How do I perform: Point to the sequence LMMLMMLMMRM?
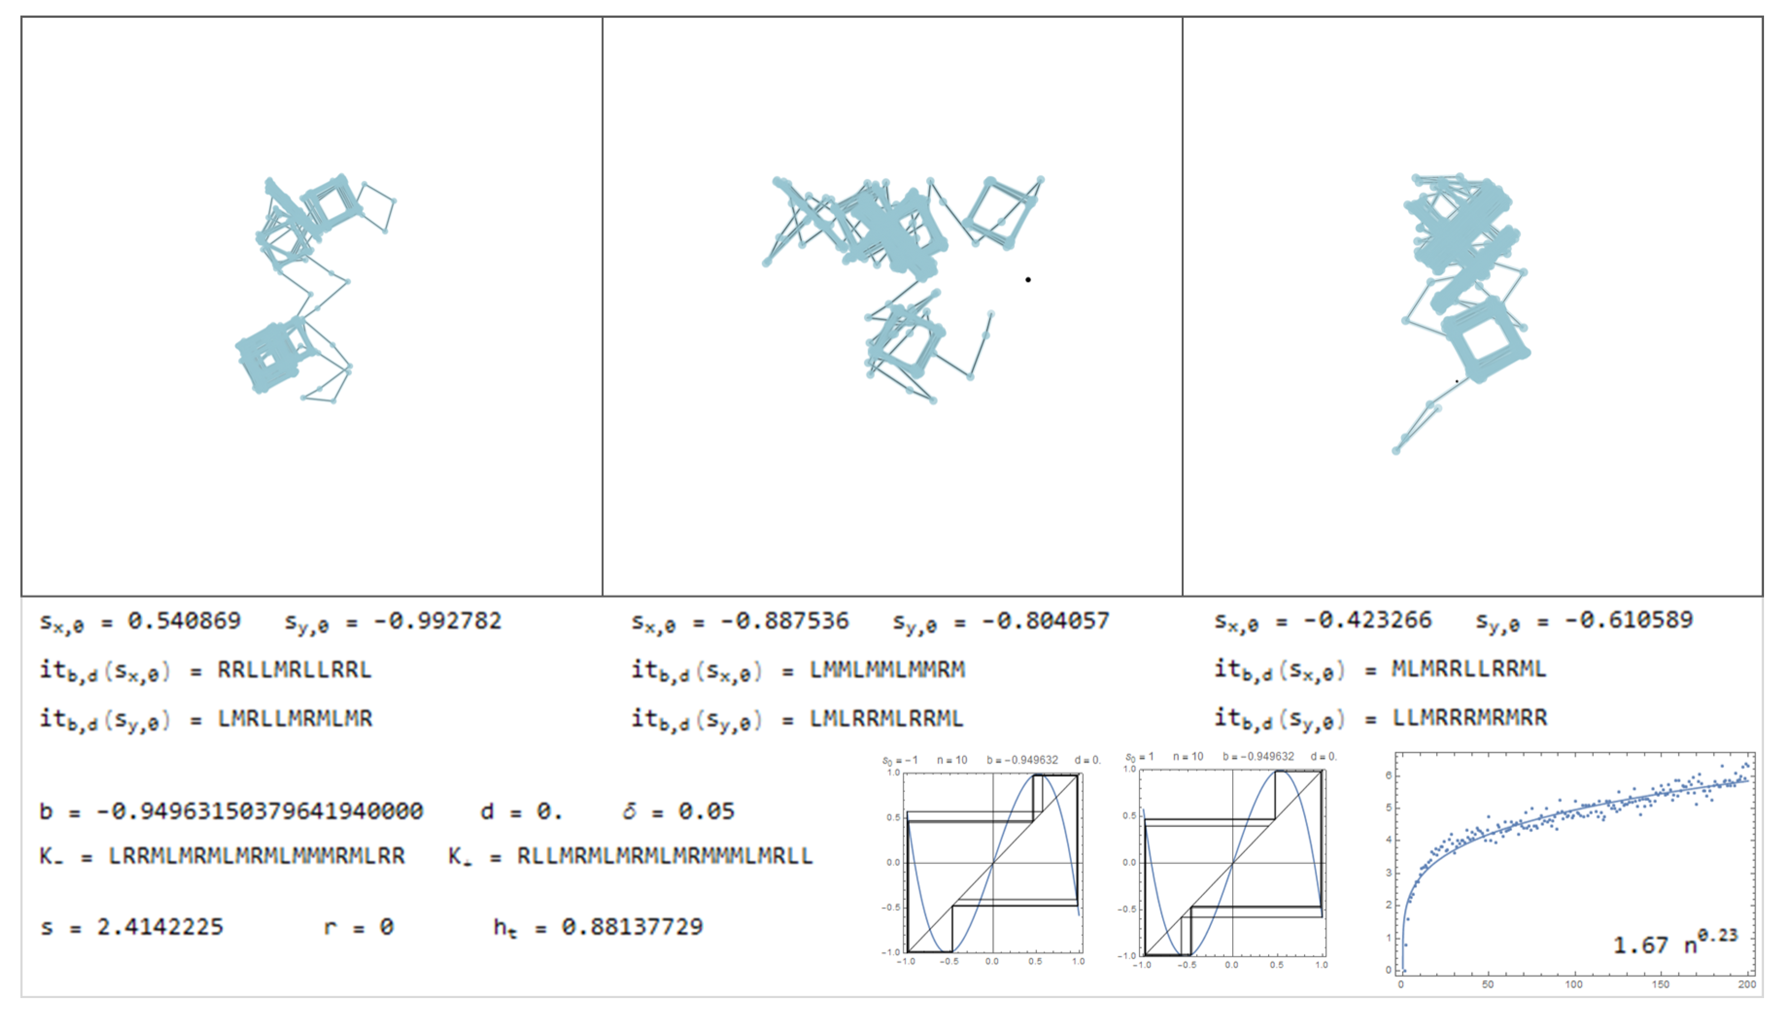[x=887, y=669]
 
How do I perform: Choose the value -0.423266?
[x=1367, y=620]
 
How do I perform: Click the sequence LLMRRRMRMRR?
[x=1469, y=717]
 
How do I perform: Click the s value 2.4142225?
[x=160, y=927]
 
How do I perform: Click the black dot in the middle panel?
[x=1028, y=279]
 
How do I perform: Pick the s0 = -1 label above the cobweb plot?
[x=899, y=760]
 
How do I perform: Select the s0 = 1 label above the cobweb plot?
[x=1139, y=757]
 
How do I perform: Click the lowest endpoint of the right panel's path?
[x=1396, y=451]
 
